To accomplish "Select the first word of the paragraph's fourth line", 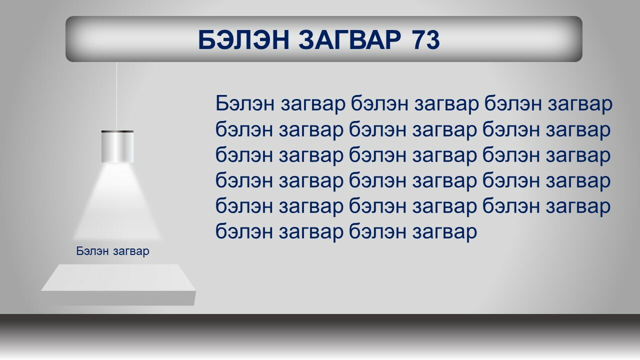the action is coord(244,180).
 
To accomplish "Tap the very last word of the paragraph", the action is coord(444,233).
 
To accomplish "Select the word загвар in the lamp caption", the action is coord(131,252).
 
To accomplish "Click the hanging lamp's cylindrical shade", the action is coord(117,147).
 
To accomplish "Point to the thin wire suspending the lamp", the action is coord(116,96).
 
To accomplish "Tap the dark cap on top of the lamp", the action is coord(117,131).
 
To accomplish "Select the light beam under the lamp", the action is coord(117,201).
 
